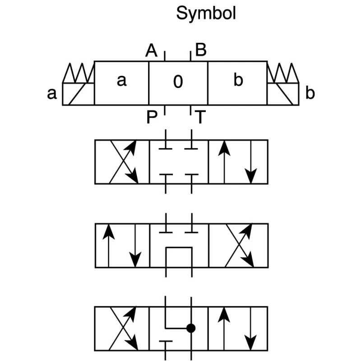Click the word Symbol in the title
click(206, 14)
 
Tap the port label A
click(151, 51)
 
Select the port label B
click(201, 50)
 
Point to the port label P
click(152, 117)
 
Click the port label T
click(200, 117)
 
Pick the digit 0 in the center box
click(178, 82)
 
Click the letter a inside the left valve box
click(121, 81)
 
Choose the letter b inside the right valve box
click(238, 80)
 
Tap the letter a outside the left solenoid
click(52, 94)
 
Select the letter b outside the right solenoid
click(310, 93)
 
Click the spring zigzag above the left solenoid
click(79, 73)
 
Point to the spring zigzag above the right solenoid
click(283, 73)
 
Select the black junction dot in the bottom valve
click(191, 328)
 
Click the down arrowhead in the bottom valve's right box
click(250, 343)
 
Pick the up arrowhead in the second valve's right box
click(224, 148)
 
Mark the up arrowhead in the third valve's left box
click(108, 232)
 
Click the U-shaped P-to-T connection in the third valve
click(179, 248)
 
